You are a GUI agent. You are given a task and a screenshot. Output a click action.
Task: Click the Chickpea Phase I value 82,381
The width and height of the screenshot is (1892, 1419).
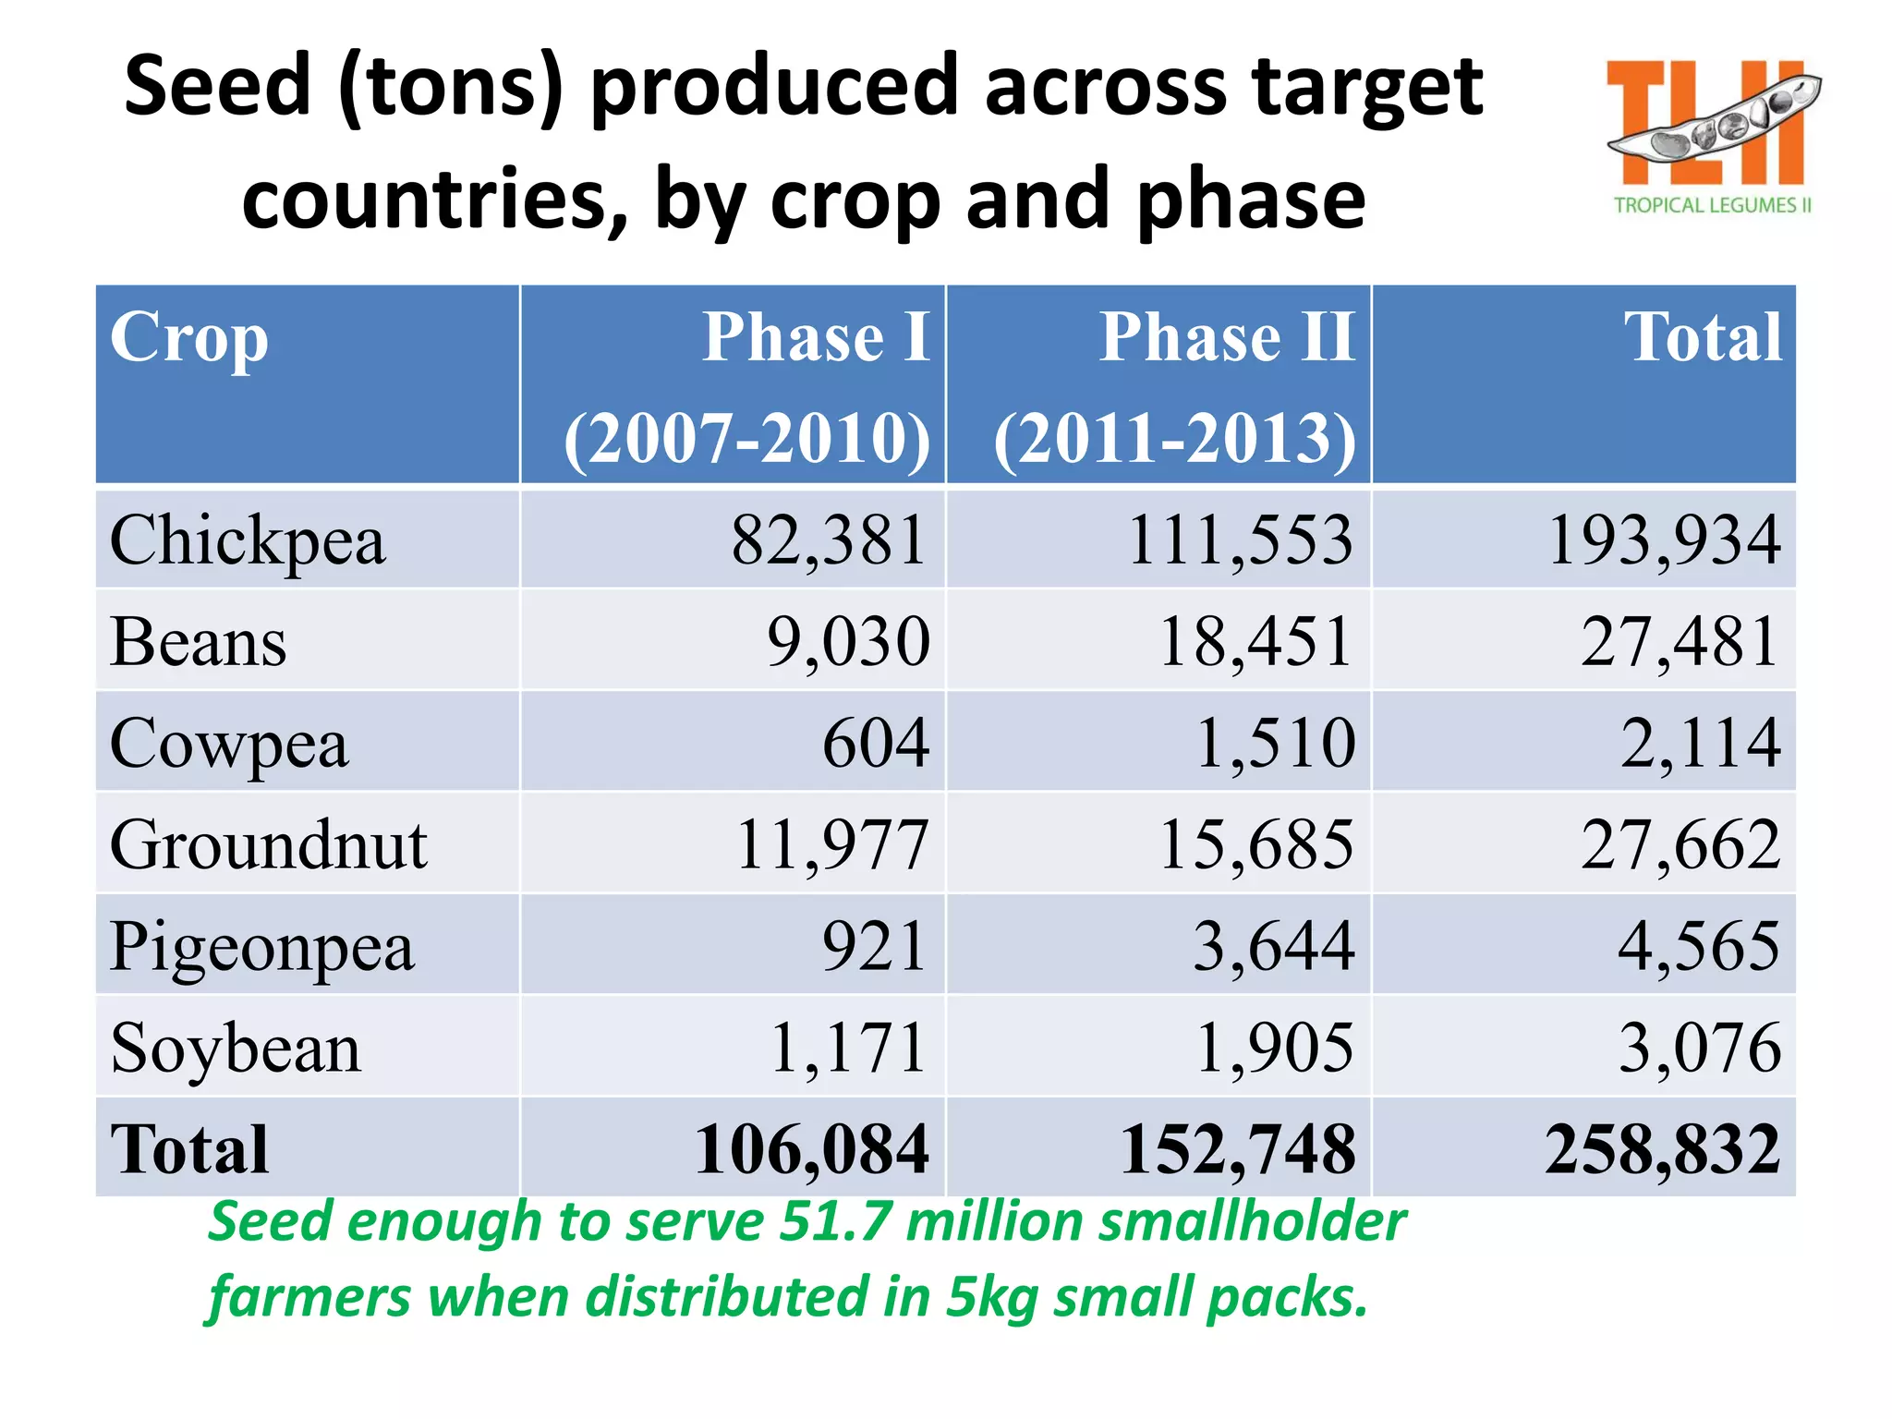tap(829, 540)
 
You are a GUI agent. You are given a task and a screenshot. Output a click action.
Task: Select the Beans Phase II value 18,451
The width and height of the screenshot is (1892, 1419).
tap(1255, 641)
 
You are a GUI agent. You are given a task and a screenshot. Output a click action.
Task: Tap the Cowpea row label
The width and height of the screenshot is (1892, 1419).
tap(229, 744)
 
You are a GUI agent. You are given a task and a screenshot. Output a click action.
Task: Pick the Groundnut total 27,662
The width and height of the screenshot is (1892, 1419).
tap(1680, 844)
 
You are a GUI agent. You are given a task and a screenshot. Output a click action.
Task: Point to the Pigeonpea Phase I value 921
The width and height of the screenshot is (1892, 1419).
tap(874, 946)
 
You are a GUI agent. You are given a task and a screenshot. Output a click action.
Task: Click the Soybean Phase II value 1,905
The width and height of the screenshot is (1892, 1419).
tap(1274, 1048)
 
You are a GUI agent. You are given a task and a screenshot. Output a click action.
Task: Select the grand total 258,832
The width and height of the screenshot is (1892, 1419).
tap(1662, 1149)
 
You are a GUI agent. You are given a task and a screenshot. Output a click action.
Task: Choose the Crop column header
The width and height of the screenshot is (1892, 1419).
tap(189, 338)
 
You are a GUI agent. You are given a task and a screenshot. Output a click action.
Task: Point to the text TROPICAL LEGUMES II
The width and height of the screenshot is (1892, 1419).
tap(1712, 205)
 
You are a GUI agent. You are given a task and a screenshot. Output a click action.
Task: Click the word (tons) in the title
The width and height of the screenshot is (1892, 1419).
tap(451, 88)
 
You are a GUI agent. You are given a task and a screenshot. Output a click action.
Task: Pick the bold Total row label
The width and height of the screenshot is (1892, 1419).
tap(189, 1149)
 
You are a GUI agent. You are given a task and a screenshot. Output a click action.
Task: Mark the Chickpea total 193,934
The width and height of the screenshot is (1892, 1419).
tap(1664, 540)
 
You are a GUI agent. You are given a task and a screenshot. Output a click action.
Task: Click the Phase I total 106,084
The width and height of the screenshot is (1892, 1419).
tap(811, 1149)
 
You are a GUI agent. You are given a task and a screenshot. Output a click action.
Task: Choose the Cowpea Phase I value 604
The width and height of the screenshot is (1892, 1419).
tap(875, 743)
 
